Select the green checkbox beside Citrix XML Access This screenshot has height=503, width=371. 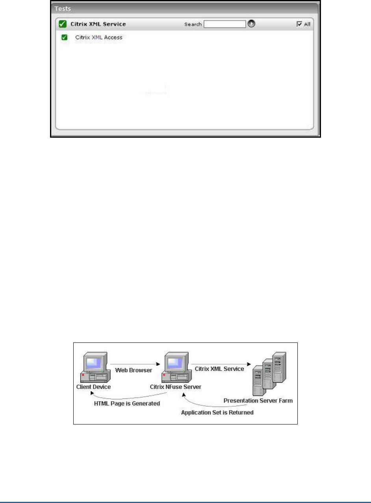(65, 38)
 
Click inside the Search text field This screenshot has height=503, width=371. (224, 24)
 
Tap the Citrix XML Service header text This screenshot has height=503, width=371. (98, 24)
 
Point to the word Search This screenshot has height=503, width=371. (193, 24)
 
